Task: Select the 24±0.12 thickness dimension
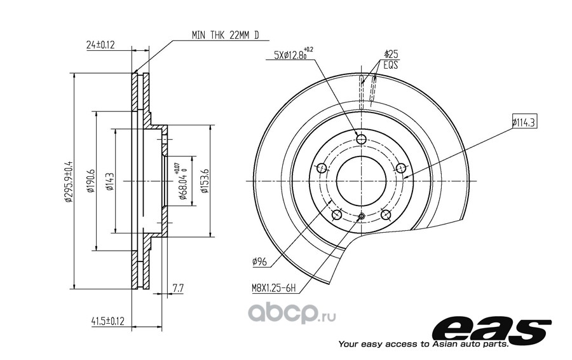coord(100,45)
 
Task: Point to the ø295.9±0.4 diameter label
coord(68,181)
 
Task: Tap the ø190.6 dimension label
coord(90,181)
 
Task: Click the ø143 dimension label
coord(109,181)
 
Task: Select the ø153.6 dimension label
coord(204,181)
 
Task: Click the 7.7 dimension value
coord(177,289)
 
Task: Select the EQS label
coord(390,64)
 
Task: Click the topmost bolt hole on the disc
coord(361,139)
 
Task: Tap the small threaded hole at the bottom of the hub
coord(361,217)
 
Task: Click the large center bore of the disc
coord(361,181)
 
